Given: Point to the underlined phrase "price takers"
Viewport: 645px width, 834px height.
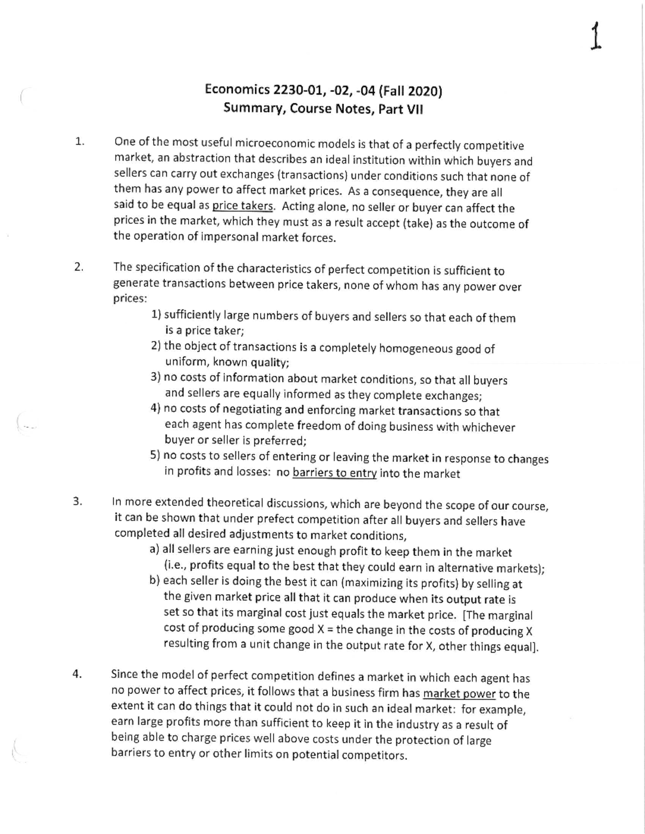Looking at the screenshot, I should [x=243, y=206].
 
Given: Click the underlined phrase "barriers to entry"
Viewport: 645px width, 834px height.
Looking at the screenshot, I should [x=334, y=473].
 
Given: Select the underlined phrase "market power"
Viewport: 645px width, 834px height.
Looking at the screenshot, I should [x=459, y=693].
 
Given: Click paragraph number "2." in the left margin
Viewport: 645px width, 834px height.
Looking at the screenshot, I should [x=79, y=267].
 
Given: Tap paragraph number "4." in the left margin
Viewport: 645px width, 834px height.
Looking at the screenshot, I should [x=77, y=675].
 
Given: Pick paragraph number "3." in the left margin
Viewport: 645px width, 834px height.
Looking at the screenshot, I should [x=77, y=502].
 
